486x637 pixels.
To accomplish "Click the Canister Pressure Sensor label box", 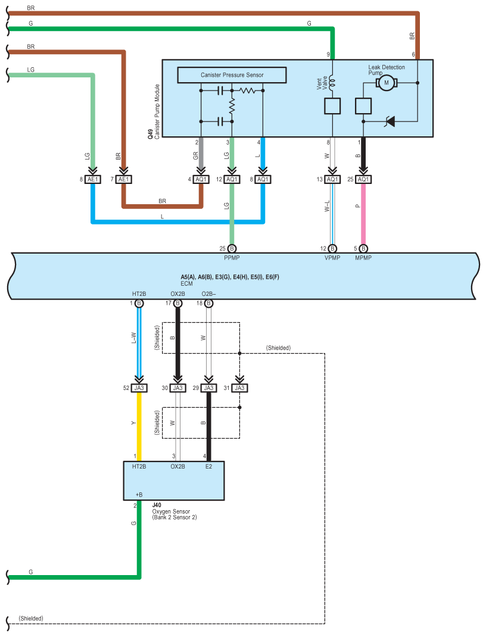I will [x=232, y=75].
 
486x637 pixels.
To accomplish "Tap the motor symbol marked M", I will [x=385, y=82].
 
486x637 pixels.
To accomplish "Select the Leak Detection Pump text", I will [x=387, y=70].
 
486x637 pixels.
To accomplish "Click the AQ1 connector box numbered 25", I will [x=363, y=179].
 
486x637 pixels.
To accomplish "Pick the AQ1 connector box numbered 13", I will [x=332, y=179].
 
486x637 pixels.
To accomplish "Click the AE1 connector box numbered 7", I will [x=123, y=179].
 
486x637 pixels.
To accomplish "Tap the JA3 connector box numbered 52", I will [x=139, y=388].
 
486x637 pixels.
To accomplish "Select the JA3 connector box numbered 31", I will [x=239, y=388].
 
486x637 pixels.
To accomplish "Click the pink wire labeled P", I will [x=363, y=214].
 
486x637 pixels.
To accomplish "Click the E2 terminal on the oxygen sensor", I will [x=208, y=467].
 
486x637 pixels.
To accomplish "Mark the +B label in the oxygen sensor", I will [x=139, y=495].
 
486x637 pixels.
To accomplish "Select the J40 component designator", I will [x=157, y=505].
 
